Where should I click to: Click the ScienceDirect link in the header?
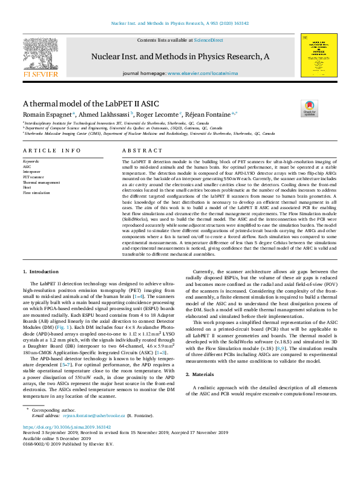208,40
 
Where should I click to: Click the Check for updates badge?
309,108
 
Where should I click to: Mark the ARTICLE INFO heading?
51,150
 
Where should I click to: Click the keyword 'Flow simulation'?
36,193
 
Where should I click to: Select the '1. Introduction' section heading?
41,273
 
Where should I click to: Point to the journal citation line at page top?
180,24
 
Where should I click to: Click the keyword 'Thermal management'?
41,182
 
